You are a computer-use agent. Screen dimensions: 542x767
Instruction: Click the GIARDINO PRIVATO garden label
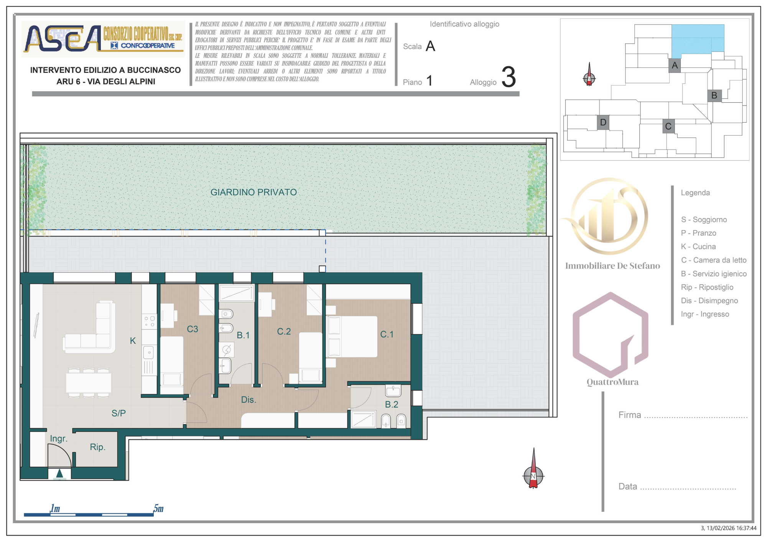pos(253,192)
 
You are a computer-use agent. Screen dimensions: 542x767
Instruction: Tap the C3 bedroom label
pos(192,329)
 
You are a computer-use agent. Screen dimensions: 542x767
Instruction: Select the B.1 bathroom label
pos(243,335)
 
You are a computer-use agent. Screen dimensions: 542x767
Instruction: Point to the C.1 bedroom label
pos(387,334)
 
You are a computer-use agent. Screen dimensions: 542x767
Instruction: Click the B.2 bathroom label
pos(392,404)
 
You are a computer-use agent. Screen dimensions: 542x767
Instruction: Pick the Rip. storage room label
pos(97,447)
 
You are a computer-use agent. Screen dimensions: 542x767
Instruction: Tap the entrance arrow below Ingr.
pos(59,474)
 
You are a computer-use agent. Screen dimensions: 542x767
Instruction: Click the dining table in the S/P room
pos(89,383)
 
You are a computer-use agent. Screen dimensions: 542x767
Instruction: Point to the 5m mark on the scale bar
pos(158,509)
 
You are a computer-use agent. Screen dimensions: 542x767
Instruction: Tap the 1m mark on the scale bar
pos(55,509)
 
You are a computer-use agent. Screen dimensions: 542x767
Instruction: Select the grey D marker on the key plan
pos(603,122)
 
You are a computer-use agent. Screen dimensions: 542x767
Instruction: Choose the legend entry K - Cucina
pos(698,246)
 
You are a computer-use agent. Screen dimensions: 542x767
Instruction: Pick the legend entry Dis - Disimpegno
pos(709,301)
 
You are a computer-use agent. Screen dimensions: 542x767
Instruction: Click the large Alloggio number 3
pos(509,77)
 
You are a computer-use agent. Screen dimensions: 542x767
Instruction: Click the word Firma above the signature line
pos(629,415)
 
